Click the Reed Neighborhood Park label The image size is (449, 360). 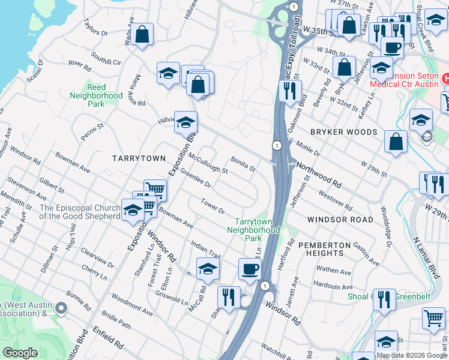(x=96, y=95)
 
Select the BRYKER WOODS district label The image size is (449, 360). (x=343, y=132)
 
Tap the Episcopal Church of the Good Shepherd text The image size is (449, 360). (x=80, y=212)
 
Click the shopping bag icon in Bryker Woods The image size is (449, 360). (x=396, y=142)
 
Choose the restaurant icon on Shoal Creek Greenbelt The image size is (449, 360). (x=384, y=298)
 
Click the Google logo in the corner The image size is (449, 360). (x=20, y=353)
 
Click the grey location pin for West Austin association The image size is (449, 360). (x=60, y=308)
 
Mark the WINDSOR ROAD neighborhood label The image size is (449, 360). (x=339, y=220)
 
